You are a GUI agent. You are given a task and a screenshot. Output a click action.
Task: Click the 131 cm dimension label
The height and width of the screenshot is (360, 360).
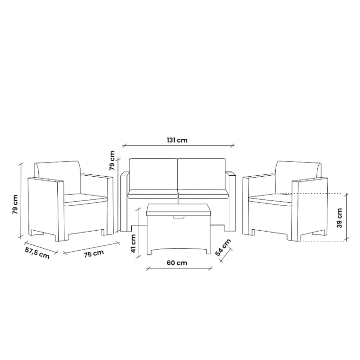click(177, 140)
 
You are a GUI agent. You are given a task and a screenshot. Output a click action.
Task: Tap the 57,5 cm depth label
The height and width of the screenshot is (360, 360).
click(37, 253)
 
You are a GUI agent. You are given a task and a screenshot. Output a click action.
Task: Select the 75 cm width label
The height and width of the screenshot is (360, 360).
click(94, 254)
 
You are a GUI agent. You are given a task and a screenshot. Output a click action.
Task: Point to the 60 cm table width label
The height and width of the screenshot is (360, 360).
click(177, 262)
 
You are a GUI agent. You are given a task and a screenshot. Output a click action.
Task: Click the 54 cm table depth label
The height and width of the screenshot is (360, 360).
click(223, 247)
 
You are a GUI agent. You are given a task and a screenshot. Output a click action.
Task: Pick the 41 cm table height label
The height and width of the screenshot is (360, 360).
click(133, 243)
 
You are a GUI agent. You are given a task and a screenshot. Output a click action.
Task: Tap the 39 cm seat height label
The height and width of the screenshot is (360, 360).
click(339, 218)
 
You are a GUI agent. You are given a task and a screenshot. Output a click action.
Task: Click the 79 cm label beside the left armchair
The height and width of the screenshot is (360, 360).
click(15, 204)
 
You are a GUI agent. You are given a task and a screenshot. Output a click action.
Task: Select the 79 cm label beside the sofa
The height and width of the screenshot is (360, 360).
click(112, 160)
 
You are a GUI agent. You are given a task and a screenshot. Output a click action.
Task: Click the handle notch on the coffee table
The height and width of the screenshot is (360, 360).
click(179, 217)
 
